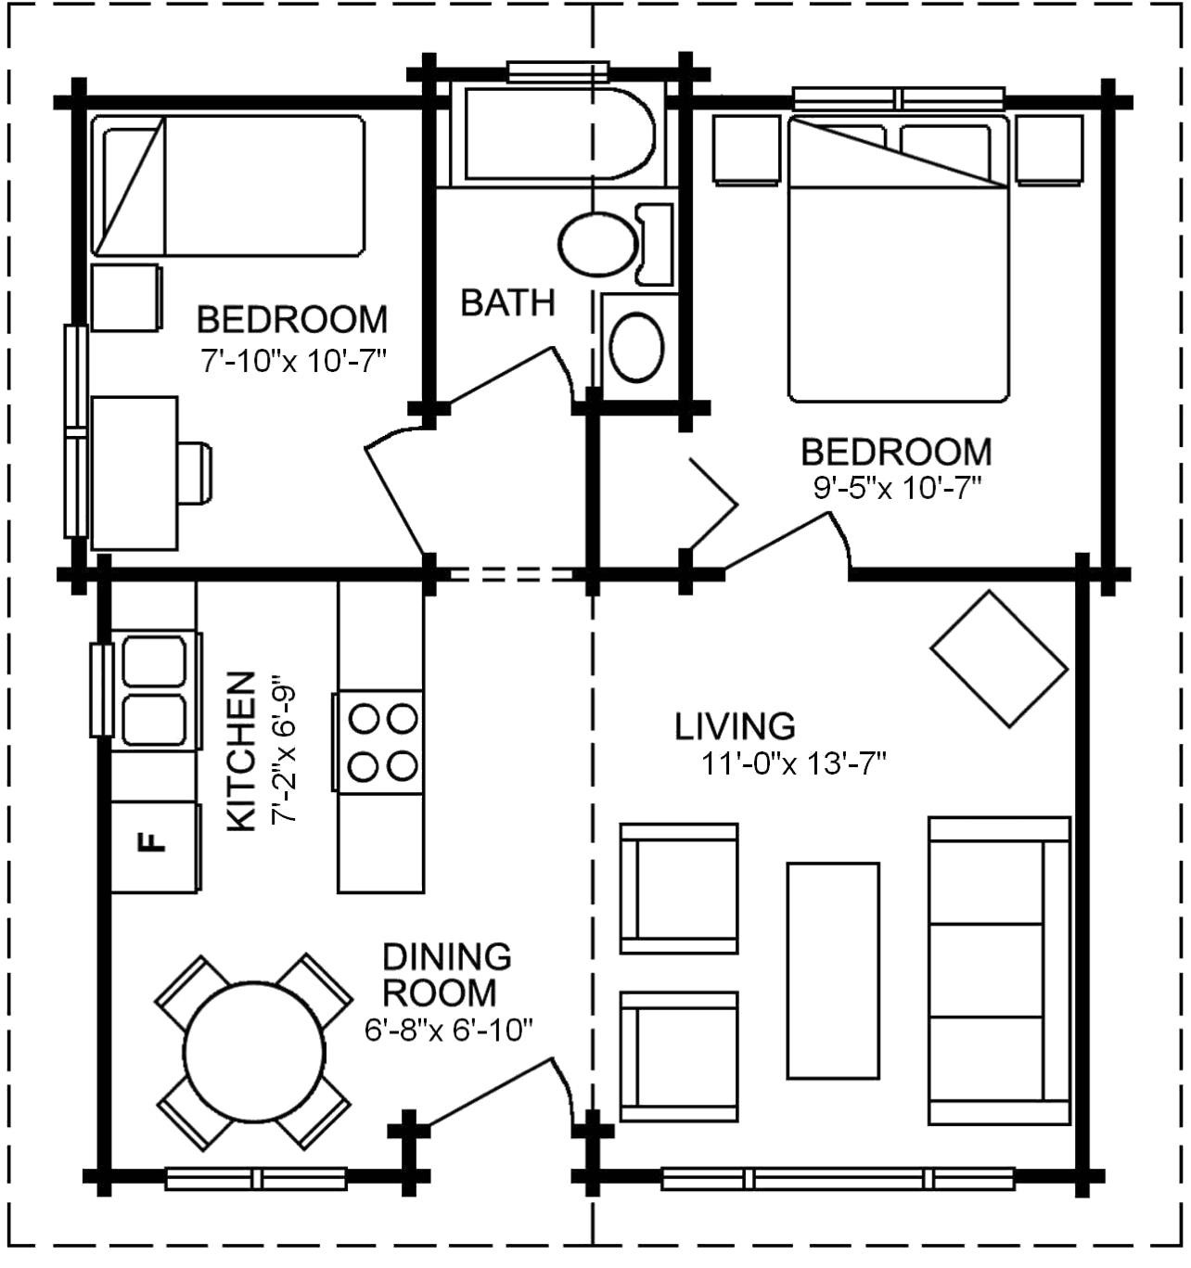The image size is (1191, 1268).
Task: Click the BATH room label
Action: click(507, 303)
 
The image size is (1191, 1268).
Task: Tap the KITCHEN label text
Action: click(241, 751)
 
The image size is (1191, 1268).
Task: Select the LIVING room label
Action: click(735, 726)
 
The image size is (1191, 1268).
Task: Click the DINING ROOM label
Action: click(446, 974)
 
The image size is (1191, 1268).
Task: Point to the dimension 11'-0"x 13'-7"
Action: click(794, 764)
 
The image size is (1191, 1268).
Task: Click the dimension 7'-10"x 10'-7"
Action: click(292, 361)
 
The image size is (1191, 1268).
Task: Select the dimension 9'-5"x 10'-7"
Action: click(896, 488)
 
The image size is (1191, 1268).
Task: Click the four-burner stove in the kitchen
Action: click(381, 742)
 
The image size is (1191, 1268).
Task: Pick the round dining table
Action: click(254, 1053)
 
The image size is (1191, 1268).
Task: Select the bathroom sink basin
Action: click(637, 347)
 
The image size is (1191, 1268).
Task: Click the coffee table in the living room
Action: click(833, 970)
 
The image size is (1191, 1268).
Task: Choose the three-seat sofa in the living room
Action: click(998, 970)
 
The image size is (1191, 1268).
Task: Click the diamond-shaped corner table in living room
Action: click(999, 658)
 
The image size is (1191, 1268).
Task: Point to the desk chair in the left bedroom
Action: click(195, 473)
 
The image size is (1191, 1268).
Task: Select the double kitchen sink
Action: click(154, 690)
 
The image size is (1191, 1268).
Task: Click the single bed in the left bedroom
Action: click(228, 186)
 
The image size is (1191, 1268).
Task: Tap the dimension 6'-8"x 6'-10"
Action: click(448, 1030)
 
